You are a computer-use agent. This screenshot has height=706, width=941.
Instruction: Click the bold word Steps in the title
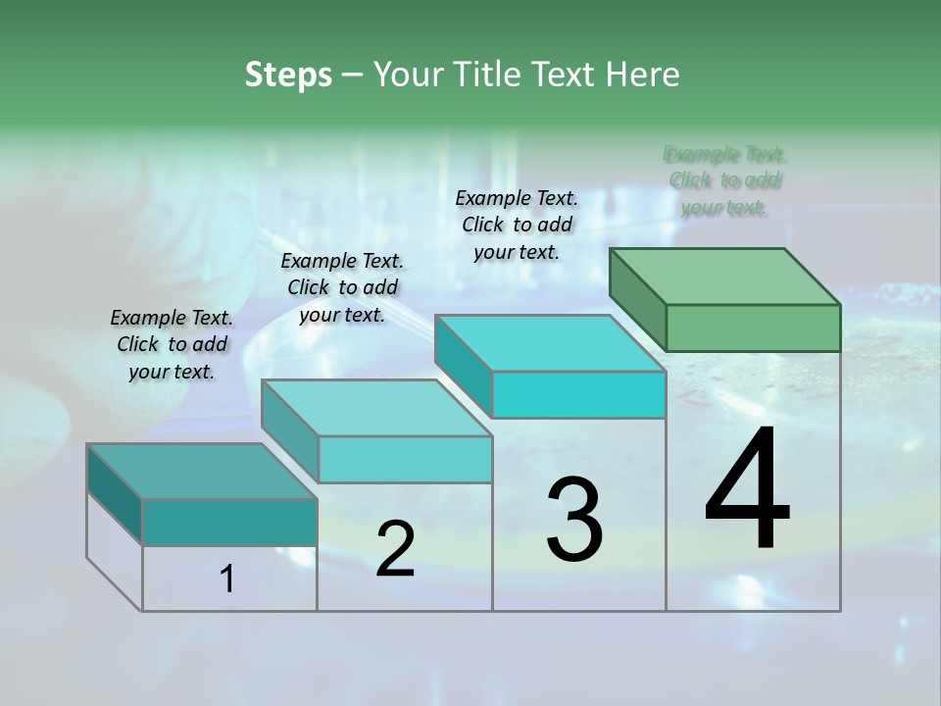(x=288, y=75)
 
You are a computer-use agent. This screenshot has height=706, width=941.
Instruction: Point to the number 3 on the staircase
(x=574, y=520)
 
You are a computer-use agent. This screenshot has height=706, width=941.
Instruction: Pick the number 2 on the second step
(x=395, y=549)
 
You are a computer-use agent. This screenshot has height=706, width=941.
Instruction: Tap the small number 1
(x=227, y=580)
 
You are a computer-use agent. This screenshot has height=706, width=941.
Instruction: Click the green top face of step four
(x=725, y=276)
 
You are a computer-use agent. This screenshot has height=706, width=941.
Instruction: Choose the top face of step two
(x=376, y=408)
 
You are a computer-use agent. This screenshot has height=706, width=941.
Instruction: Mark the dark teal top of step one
(x=202, y=471)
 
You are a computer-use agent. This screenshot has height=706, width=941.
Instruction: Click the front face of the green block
(x=753, y=328)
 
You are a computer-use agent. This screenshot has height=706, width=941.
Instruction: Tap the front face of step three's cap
(x=578, y=394)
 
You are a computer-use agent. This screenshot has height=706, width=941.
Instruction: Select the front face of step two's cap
(x=405, y=459)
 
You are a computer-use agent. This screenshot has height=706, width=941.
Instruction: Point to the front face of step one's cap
(x=229, y=522)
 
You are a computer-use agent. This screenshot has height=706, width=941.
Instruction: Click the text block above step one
(x=172, y=344)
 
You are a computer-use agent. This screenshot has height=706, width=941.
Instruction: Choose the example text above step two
(x=342, y=287)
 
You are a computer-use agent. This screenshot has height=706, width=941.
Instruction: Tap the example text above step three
(x=517, y=225)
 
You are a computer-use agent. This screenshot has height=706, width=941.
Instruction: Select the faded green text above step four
(x=725, y=180)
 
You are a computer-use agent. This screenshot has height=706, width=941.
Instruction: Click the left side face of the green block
(x=637, y=298)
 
